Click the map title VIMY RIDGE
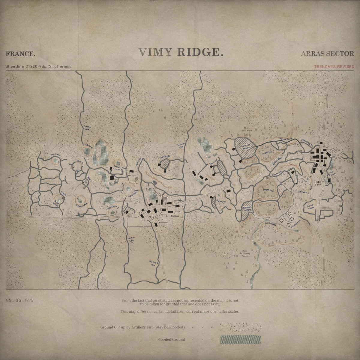coord(181,52)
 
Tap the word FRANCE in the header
coord(20,54)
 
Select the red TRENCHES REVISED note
coord(334,67)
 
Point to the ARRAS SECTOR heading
coord(327,54)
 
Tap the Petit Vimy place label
coord(318,184)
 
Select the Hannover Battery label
coord(246,147)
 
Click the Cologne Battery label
coord(247,209)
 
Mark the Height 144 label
coord(268,190)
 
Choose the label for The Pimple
coord(164,157)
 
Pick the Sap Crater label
coord(55,155)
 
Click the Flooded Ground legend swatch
coord(240,340)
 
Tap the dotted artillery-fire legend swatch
coord(240,327)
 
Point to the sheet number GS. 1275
coord(19,300)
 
